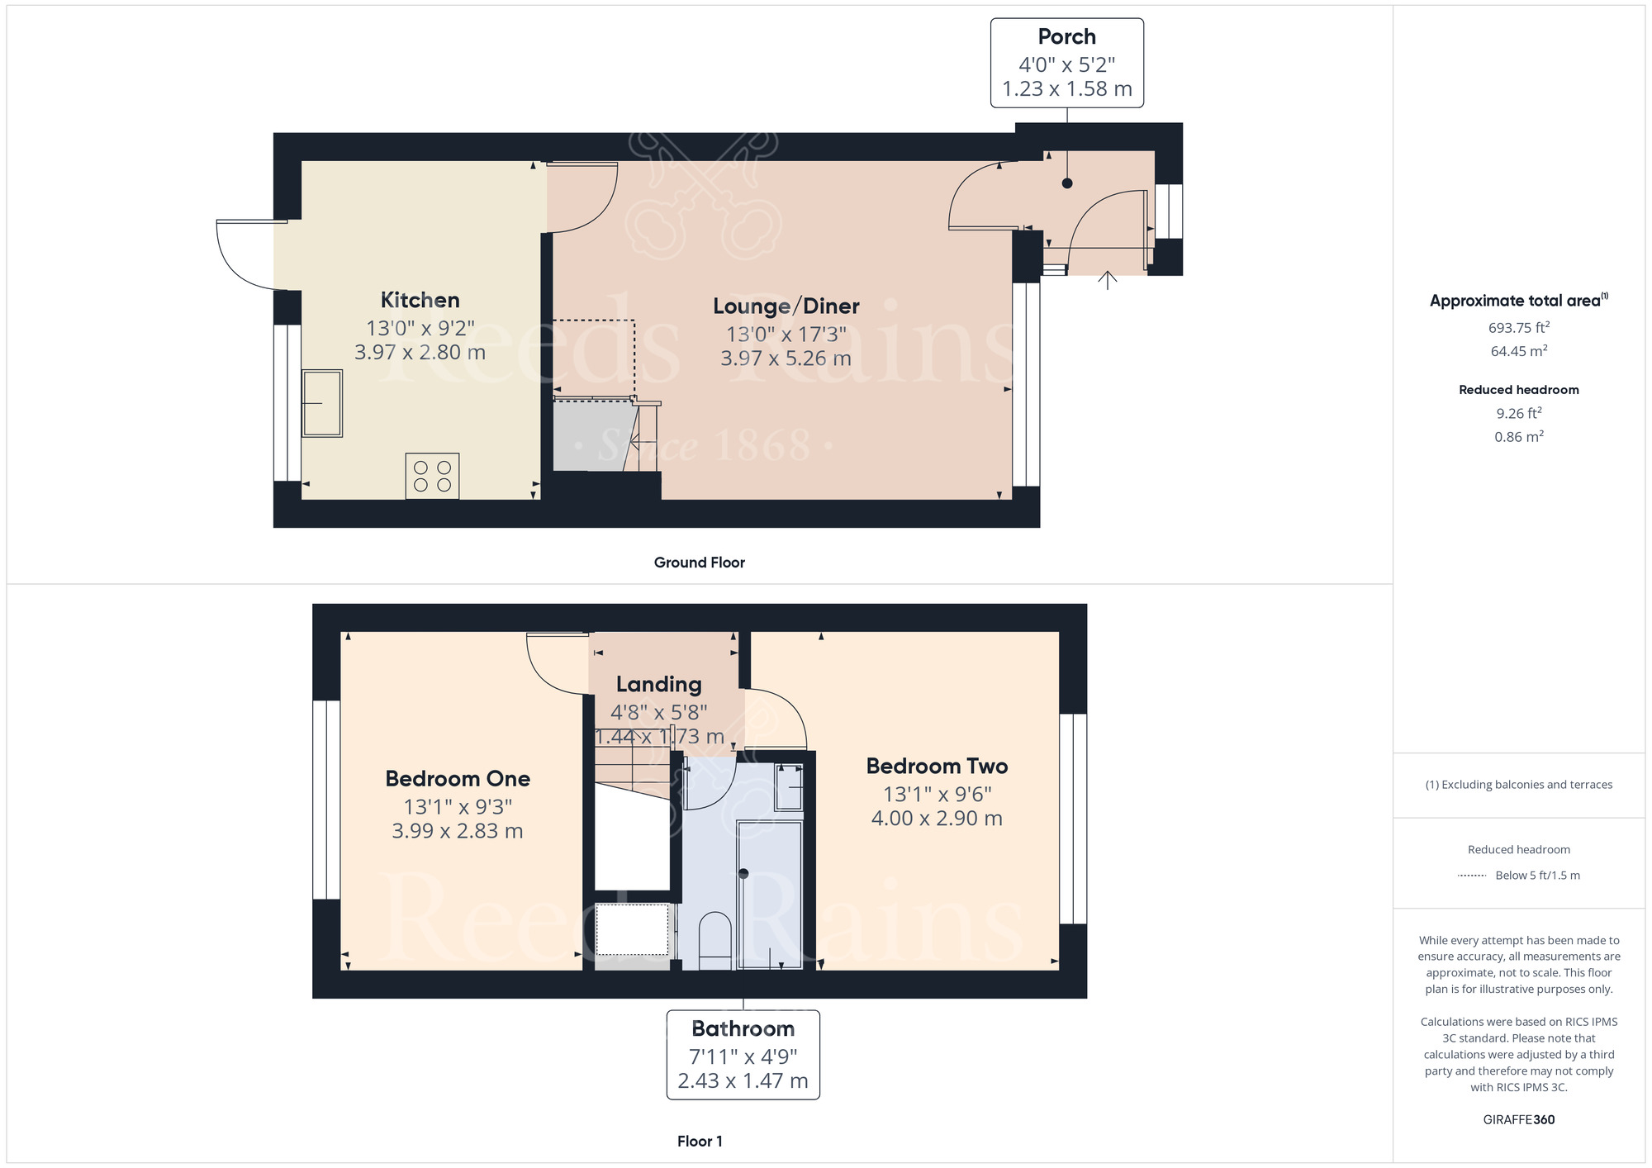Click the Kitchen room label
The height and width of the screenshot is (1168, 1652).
tap(420, 300)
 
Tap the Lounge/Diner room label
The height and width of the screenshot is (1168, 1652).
tap(786, 306)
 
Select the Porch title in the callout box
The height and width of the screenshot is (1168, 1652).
tap(1067, 37)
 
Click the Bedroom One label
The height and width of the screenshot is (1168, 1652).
tap(458, 778)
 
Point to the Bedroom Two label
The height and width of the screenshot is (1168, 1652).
tap(937, 766)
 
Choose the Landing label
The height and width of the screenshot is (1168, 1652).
tap(659, 685)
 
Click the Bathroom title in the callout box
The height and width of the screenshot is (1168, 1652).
tap(743, 1028)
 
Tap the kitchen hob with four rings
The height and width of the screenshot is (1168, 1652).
tap(432, 476)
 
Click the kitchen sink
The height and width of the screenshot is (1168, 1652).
tap(322, 403)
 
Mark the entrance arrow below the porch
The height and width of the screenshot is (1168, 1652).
tap(1108, 281)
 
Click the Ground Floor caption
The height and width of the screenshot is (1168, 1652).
tap(700, 563)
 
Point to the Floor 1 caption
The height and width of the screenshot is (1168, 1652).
tap(700, 1142)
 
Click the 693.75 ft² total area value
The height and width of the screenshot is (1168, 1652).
tap(1519, 327)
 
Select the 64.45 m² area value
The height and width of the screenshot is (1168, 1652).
tap(1519, 351)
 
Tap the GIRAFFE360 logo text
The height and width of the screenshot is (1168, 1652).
tap(1519, 1120)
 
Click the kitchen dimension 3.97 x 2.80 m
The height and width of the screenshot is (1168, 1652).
tap(420, 353)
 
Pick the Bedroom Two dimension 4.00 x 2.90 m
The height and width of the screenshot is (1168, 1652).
tap(937, 819)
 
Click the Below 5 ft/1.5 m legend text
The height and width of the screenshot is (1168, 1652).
tap(1537, 876)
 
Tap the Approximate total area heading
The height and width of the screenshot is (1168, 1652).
tap(1519, 301)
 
